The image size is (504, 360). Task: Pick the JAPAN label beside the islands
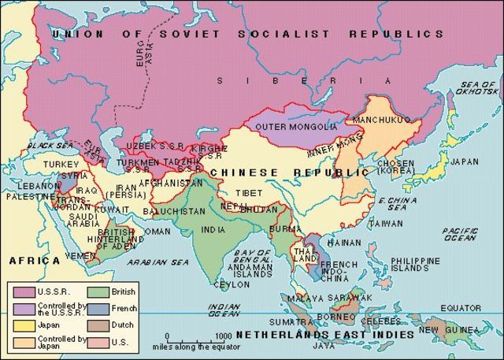[x=463, y=162]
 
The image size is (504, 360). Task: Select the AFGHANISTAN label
[x=171, y=183]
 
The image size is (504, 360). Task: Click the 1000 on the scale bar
[x=213, y=336]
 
